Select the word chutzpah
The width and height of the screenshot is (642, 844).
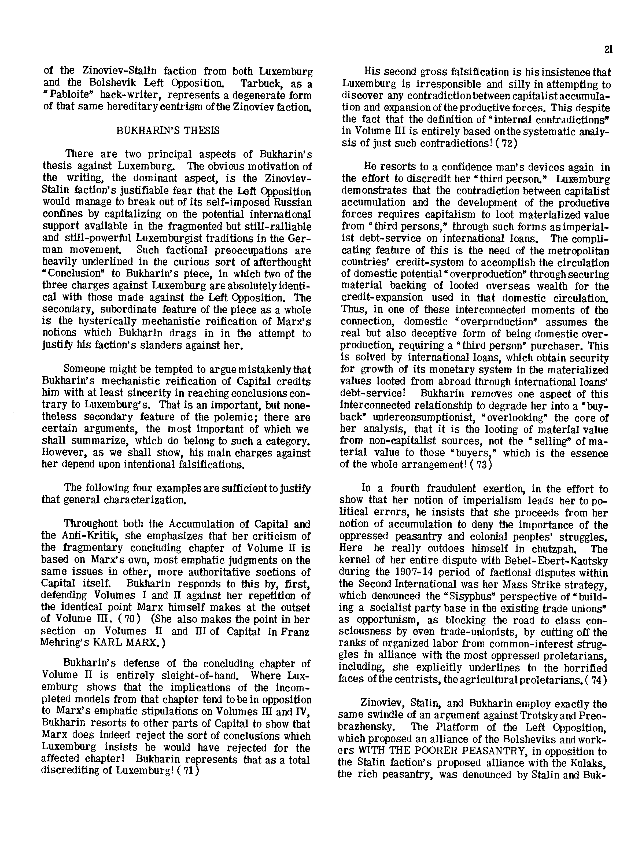(x=556, y=549)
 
